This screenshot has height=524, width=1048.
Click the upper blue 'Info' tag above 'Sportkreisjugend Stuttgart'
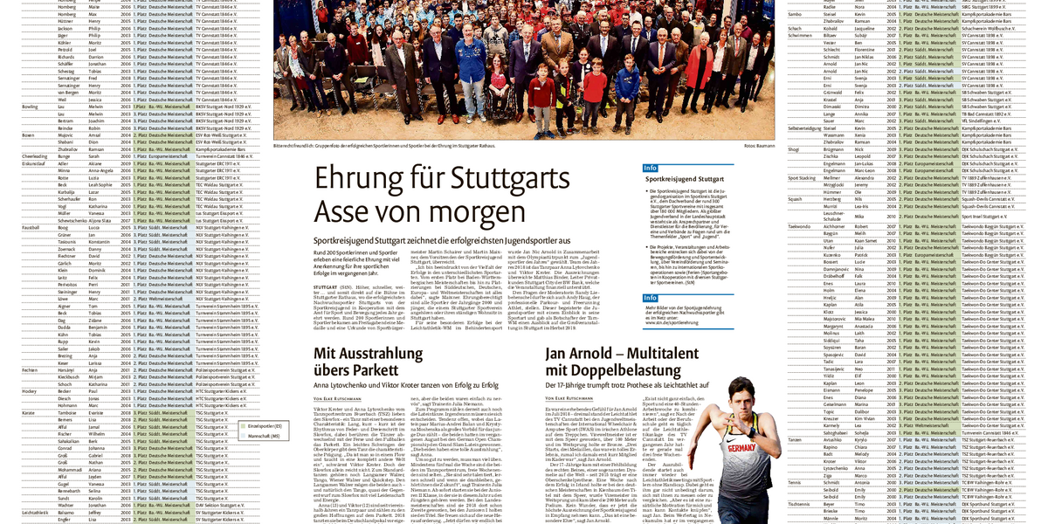[650, 167]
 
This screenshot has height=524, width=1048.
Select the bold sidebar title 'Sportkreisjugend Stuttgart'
[686, 178]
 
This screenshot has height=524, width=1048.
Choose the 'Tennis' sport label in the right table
[795, 481]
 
